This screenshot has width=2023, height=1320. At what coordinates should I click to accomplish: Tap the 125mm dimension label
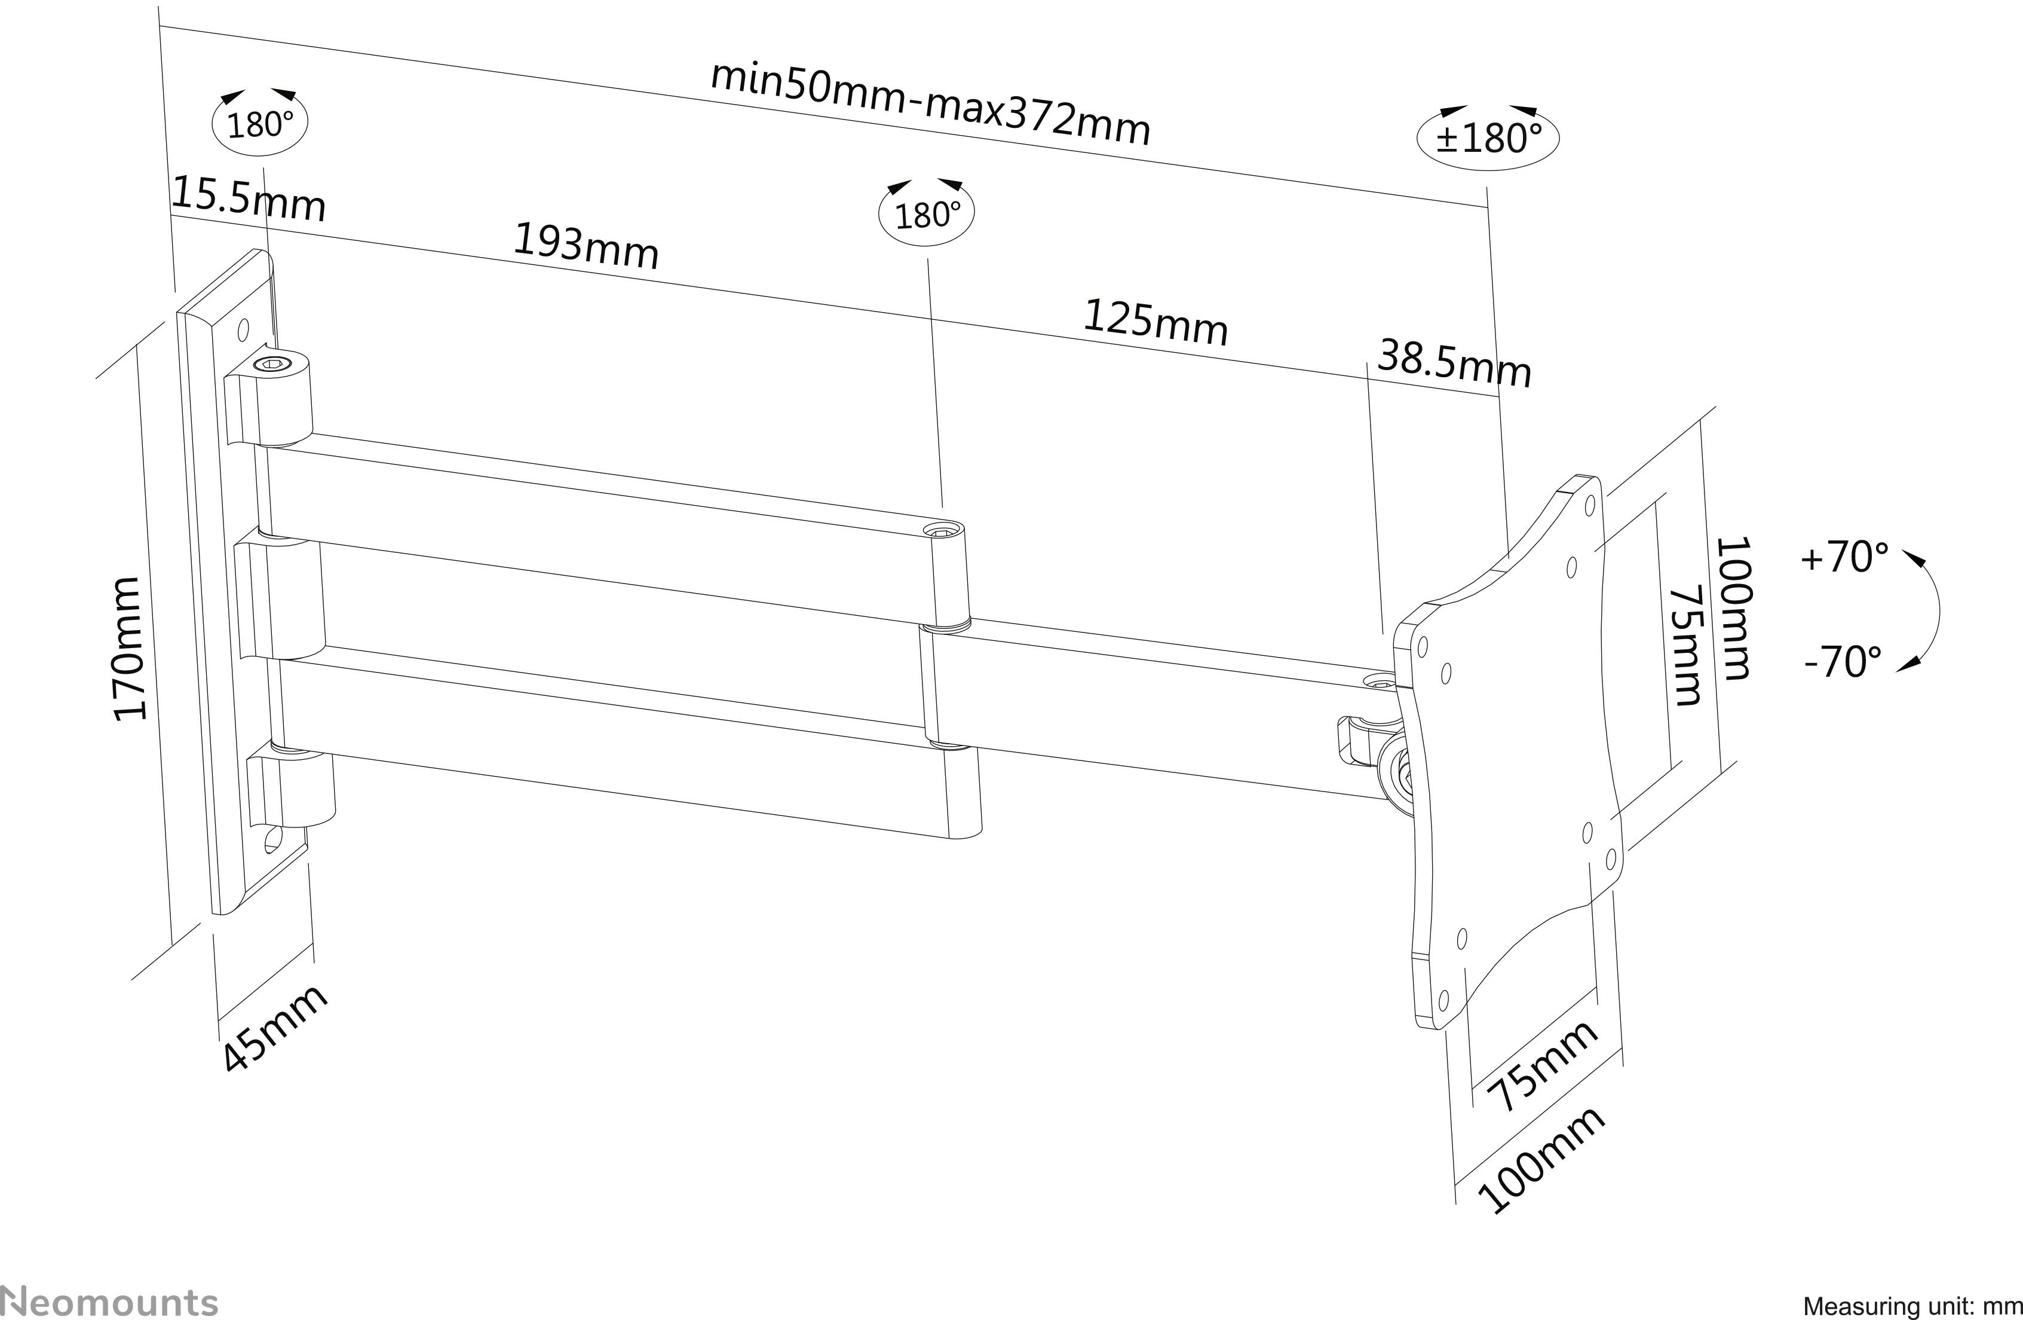coord(1156,323)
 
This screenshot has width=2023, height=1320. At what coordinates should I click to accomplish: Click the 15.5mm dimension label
coord(248,200)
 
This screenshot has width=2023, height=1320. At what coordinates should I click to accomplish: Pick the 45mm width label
coord(274,1029)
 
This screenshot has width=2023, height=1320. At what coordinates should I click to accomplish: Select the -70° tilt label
coord(1843,662)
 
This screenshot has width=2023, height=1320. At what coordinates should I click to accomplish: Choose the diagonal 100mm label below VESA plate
coord(1541,1160)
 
